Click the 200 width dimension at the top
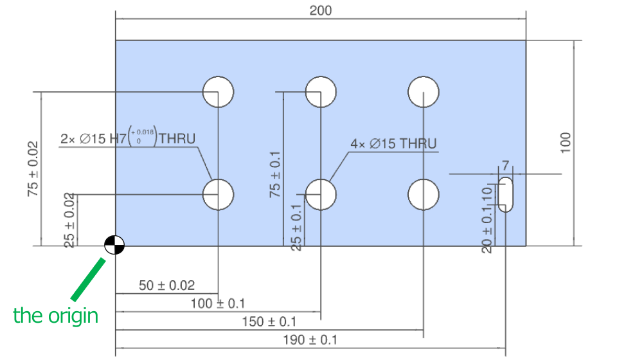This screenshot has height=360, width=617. point(320,11)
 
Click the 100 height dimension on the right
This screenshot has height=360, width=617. point(565,142)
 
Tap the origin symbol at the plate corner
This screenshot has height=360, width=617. point(114,245)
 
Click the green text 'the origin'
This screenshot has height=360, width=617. point(56,316)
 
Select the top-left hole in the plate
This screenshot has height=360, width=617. point(218,91)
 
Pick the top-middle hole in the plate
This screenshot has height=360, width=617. point(321,91)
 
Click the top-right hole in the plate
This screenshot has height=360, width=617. point(424,91)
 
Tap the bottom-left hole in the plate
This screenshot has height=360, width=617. point(218,194)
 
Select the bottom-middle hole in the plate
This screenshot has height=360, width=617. point(321,194)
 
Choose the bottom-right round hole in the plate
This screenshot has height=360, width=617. point(424,194)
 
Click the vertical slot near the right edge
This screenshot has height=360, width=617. point(506,194)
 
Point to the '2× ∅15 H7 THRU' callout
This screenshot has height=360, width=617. point(127,138)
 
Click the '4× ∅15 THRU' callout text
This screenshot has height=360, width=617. point(393,144)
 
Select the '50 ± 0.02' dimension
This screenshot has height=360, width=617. point(166,285)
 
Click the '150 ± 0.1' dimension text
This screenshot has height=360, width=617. point(269,321)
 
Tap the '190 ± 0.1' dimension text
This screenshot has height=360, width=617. point(310,340)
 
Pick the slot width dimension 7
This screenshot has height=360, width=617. point(506,166)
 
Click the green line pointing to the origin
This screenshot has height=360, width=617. point(88,279)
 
